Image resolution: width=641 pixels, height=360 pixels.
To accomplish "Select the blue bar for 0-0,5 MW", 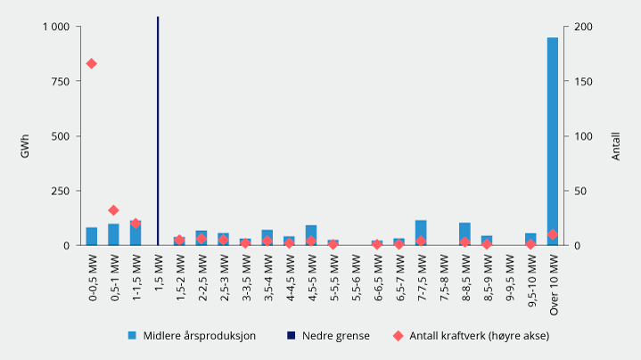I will pyautogui.click(x=91, y=236).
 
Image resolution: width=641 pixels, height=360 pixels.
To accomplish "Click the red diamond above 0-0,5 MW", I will pyautogui.click(x=91, y=63).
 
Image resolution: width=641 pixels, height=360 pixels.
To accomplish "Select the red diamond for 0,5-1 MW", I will pyautogui.click(x=113, y=210).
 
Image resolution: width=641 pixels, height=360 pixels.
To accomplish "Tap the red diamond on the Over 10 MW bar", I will pyautogui.click(x=553, y=234).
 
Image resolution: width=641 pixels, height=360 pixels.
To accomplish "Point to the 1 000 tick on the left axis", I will pyautogui.click(x=55, y=27).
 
